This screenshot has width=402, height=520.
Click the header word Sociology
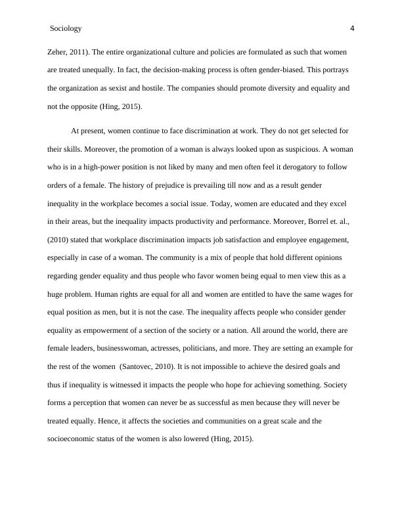tap(66, 29)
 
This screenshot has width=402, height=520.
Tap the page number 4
tap(352, 28)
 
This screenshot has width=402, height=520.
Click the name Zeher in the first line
tap(58, 51)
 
